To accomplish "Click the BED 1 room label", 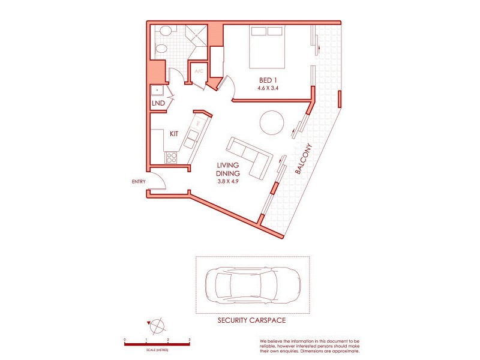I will [x=268, y=80].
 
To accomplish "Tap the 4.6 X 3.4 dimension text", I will [x=268, y=89].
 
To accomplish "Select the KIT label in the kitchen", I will [x=174, y=134].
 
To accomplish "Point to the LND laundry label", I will [x=158, y=104].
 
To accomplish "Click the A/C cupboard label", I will [x=199, y=71].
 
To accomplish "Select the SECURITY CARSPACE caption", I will [x=252, y=321].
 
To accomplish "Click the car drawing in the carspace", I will [x=252, y=285].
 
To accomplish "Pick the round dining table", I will [x=272, y=123].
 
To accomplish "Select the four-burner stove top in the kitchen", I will [x=172, y=158].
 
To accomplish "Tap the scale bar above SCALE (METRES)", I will [x=157, y=343].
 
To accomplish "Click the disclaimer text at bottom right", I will [x=310, y=345].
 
